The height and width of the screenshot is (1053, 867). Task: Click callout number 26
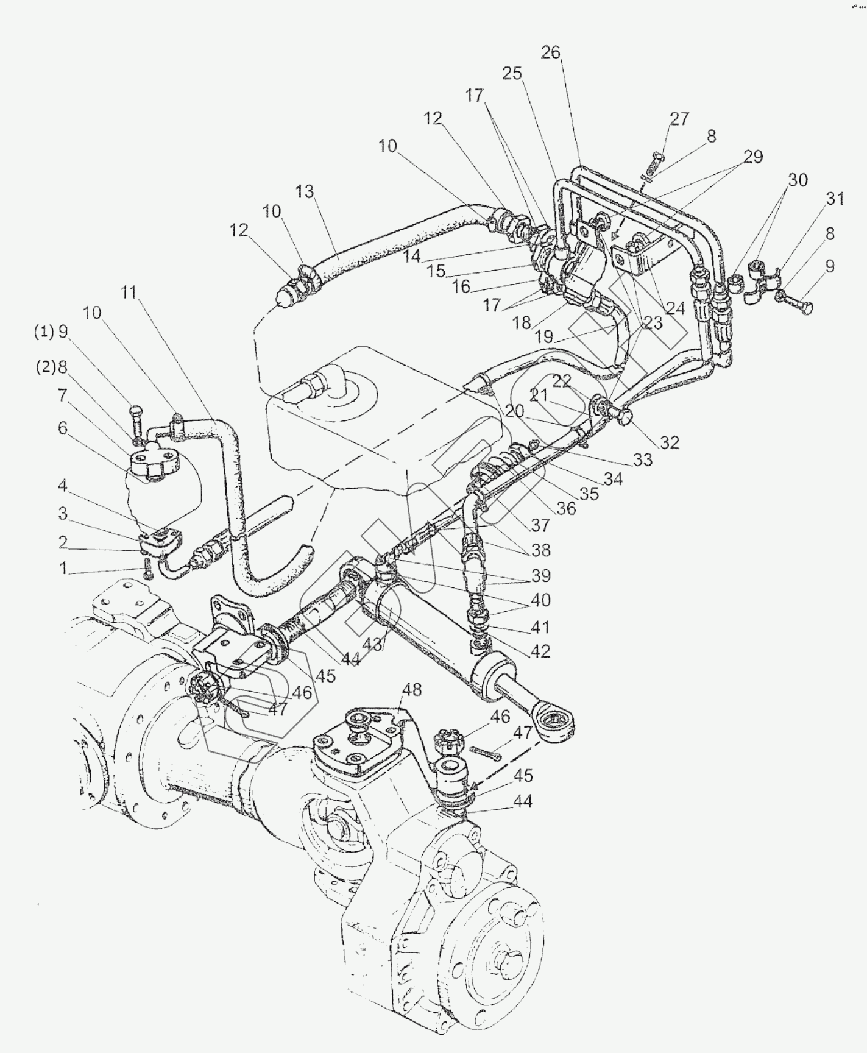(x=550, y=52)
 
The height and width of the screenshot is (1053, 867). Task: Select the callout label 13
(x=305, y=191)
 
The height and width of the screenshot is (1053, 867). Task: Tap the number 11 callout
(x=129, y=292)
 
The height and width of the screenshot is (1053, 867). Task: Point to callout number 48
(x=412, y=690)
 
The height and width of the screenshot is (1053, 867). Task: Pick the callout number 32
(x=669, y=442)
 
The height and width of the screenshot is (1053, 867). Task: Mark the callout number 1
(x=63, y=569)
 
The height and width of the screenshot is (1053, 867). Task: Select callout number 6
(x=63, y=428)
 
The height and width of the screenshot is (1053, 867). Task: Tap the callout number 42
(x=540, y=651)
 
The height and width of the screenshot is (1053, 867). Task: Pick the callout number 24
(x=675, y=308)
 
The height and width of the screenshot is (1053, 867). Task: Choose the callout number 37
(x=540, y=525)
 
